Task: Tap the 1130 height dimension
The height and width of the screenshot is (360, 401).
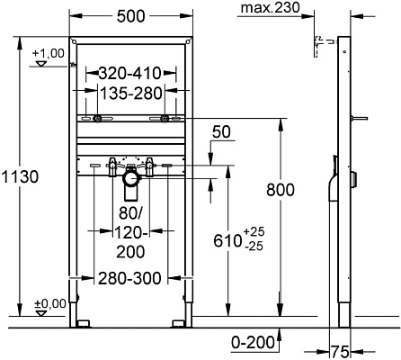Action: [20, 177]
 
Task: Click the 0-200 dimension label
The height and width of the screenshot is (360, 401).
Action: [247, 343]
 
